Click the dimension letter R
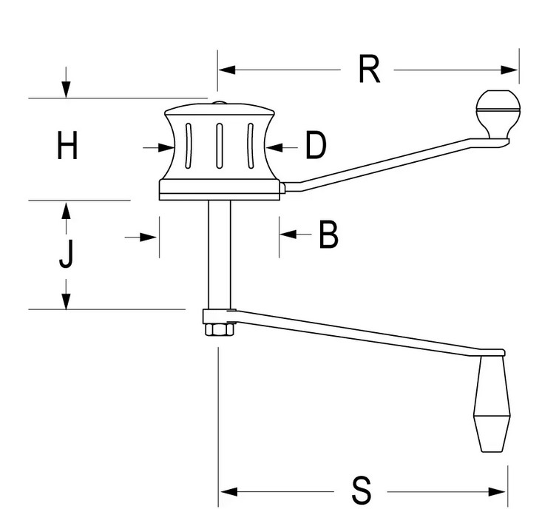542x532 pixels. pyautogui.click(x=367, y=70)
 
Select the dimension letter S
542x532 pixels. pyautogui.click(x=361, y=491)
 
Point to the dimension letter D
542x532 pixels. pyautogui.click(x=316, y=146)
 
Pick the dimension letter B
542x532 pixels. pyautogui.click(x=328, y=235)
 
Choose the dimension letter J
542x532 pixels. pyautogui.click(x=67, y=255)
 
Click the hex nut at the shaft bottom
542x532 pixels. pyautogui.click(x=219, y=329)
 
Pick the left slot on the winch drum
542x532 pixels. pyautogui.click(x=189, y=147)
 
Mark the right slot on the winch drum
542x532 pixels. pyautogui.click(x=250, y=146)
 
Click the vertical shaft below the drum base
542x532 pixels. pyautogui.click(x=218, y=252)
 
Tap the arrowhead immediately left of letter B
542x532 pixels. pyautogui.click(x=287, y=235)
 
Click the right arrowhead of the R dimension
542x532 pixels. pyautogui.click(x=510, y=70)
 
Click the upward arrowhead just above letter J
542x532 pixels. pyautogui.click(x=67, y=209)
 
